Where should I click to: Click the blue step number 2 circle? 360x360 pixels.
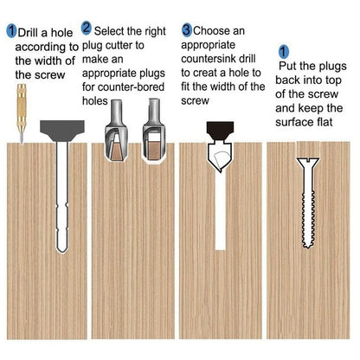pos(87,29)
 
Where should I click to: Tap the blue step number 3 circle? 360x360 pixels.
pos(187,30)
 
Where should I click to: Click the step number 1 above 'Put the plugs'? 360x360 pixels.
pos(284,51)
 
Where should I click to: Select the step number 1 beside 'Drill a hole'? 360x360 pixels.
pos(11,31)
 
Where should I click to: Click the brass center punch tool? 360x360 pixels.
pos(22,113)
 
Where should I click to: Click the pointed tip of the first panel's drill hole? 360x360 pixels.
pos(62,252)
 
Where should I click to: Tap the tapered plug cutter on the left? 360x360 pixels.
pos(116,131)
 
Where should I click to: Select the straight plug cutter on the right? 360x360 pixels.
pos(153,130)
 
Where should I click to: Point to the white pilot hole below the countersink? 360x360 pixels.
pos(221,210)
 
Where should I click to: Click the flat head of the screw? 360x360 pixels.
pos(308,163)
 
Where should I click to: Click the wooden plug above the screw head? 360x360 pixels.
pos(308,150)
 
